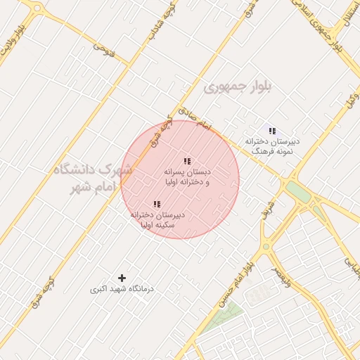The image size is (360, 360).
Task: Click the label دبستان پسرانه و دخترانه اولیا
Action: pyautogui.click(x=187, y=176)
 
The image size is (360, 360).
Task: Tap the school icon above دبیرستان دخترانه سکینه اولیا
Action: pyautogui.click(x=156, y=204)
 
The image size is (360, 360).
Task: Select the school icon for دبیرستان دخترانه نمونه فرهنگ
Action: pyautogui.click(x=271, y=131)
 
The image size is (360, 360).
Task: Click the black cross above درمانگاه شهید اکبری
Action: pyautogui.click(x=122, y=278)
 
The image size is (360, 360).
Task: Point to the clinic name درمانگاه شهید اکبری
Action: pyautogui.click(x=122, y=289)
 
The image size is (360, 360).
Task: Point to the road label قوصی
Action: pyautogui.click(x=104, y=50)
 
